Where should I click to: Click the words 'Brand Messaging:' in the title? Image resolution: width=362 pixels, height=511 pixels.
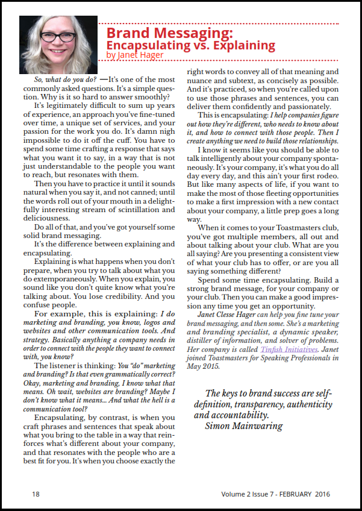click(x=169, y=33)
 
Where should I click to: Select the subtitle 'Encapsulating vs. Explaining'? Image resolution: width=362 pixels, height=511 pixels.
click(x=190, y=45)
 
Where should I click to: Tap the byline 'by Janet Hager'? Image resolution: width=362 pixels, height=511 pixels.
click(x=134, y=55)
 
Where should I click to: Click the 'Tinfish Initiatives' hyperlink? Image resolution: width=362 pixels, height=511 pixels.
click(x=289, y=349)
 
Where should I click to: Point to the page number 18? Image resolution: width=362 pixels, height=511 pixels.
click(x=36, y=494)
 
